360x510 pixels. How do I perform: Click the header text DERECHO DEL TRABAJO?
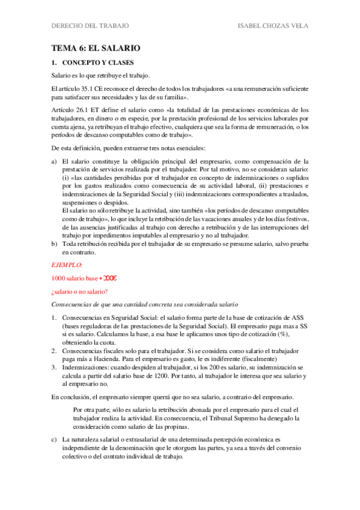pyautogui.click(x=90, y=26)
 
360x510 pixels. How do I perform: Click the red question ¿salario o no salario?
pyautogui.click(x=79, y=292)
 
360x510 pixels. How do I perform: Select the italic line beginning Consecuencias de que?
pyautogui.click(x=136, y=305)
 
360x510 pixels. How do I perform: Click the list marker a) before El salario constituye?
pyautogui.click(x=54, y=162)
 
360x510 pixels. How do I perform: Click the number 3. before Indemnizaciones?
pyautogui.click(x=54, y=366)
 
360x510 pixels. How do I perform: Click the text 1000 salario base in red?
pyautogui.click(x=75, y=278)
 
